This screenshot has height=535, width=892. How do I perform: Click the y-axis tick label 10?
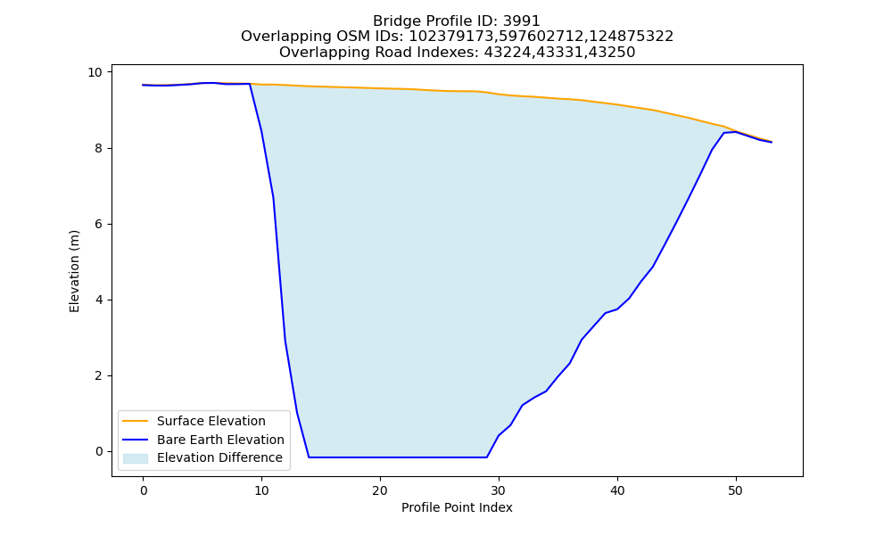pos(95,72)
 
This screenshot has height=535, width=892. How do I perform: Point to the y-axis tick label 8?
pos(98,148)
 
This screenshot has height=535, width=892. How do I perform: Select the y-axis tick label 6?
pos(98,224)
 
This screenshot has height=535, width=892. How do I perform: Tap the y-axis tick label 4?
pos(98,300)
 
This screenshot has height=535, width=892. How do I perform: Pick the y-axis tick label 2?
pos(98,375)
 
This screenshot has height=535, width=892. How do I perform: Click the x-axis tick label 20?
pos(380,490)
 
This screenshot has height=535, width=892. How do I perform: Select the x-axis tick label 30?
pos(499,490)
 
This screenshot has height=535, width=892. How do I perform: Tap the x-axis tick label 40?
pos(617,490)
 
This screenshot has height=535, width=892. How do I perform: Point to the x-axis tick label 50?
pos(736,490)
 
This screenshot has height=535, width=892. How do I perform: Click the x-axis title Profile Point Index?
pos(457,507)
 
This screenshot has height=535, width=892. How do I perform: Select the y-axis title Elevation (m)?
pos(75,271)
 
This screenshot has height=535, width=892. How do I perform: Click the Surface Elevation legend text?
pos(211,421)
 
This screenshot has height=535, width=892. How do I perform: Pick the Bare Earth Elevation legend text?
pos(220,440)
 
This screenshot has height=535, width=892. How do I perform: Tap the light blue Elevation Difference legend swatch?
pos(136,458)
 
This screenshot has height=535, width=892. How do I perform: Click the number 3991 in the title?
pos(521,21)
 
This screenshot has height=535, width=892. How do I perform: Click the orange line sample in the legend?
pos(136,421)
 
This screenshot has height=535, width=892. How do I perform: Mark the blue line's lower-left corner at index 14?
pos(309,457)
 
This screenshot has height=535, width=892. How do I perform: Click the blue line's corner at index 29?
pos(486,457)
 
